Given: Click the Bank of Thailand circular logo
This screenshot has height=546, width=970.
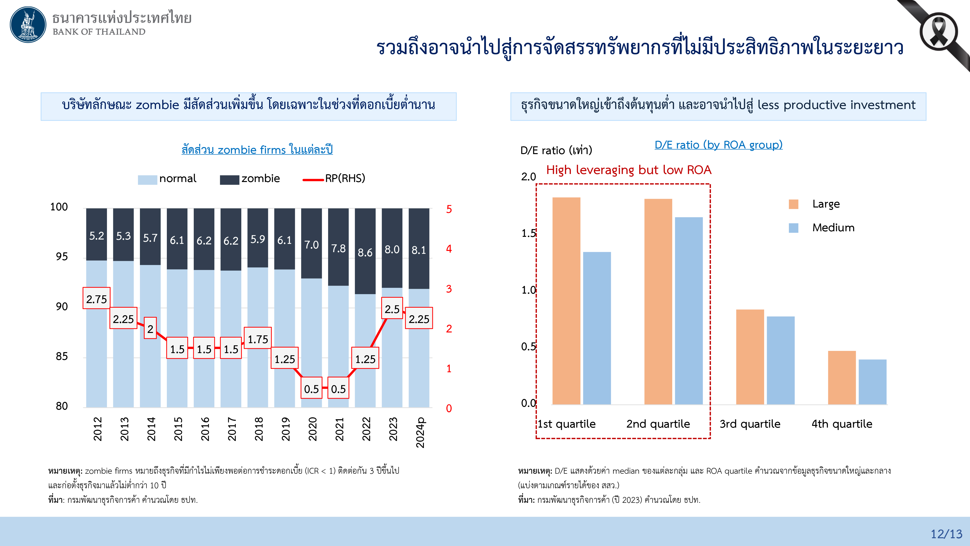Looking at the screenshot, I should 28,25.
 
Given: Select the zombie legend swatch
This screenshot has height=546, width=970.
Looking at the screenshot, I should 229,180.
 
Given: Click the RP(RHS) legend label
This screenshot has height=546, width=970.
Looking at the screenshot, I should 345,178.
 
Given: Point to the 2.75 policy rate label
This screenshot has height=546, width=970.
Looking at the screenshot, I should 97,299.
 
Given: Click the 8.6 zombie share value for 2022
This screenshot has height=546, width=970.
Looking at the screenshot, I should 365,252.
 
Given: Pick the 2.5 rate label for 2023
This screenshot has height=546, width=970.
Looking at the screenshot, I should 392,309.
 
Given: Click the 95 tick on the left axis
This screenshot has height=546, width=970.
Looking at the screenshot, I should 62,256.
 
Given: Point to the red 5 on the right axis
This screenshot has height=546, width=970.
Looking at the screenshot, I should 449,209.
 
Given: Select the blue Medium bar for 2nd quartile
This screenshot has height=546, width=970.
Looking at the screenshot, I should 689,311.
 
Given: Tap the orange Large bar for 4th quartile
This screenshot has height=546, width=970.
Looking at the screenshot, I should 842,378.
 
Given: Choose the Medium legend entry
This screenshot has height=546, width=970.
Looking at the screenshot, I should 833,228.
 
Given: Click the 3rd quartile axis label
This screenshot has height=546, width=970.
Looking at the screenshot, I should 750,424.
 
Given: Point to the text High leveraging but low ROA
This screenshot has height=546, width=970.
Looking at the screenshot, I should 629,170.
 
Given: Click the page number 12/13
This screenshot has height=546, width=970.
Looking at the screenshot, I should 946,534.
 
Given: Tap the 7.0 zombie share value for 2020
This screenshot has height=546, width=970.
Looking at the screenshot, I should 311,245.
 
